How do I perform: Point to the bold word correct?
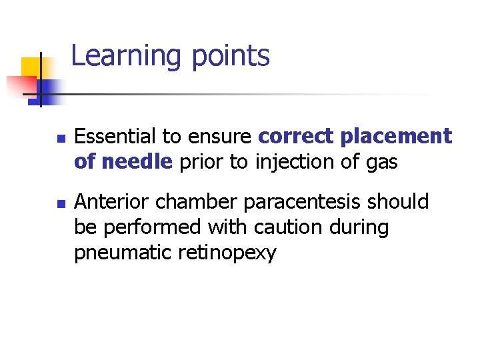[296, 137]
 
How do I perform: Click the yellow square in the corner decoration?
[31, 67]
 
